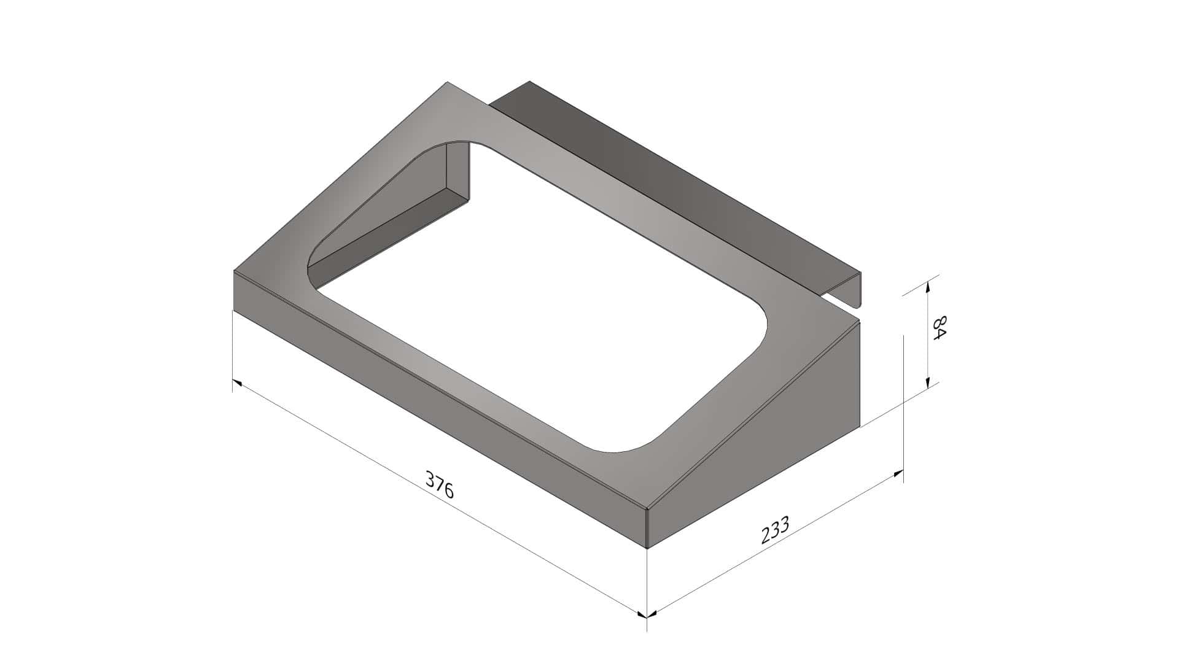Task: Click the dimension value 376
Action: (440, 484)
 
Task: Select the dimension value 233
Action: (774, 530)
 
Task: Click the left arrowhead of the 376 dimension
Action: (238, 383)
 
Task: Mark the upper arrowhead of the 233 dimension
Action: (897, 474)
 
